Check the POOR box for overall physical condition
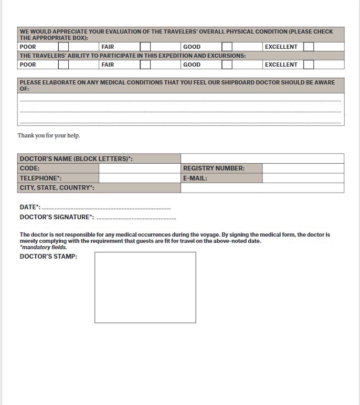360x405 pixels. click(x=63, y=47)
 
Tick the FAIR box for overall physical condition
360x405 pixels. click(x=145, y=47)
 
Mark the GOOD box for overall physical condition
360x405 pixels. click(x=227, y=47)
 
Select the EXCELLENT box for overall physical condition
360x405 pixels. click(x=309, y=47)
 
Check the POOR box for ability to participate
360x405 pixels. click(x=63, y=65)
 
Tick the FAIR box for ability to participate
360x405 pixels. click(x=145, y=65)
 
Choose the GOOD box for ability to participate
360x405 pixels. click(x=227, y=65)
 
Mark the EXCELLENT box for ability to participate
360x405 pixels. click(x=309, y=65)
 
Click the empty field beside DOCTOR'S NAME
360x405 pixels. click(x=262, y=158)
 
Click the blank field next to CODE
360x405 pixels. click(x=140, y=168)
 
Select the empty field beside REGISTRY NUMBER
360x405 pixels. click(x=303, y=168)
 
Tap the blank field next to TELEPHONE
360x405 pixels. click(x=140, y=178)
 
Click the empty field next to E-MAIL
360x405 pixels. click(x=303, y=178)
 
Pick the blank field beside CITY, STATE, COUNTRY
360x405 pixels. click(x=262, y=188)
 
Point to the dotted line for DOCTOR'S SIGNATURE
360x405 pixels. click(x=136, y=218)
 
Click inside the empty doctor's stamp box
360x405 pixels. click(x=145, y=287)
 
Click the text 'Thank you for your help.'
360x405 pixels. click(x=49, y=135)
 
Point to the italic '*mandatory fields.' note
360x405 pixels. click(x=44, y=247)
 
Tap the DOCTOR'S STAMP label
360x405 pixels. click(x=48, y=257)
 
